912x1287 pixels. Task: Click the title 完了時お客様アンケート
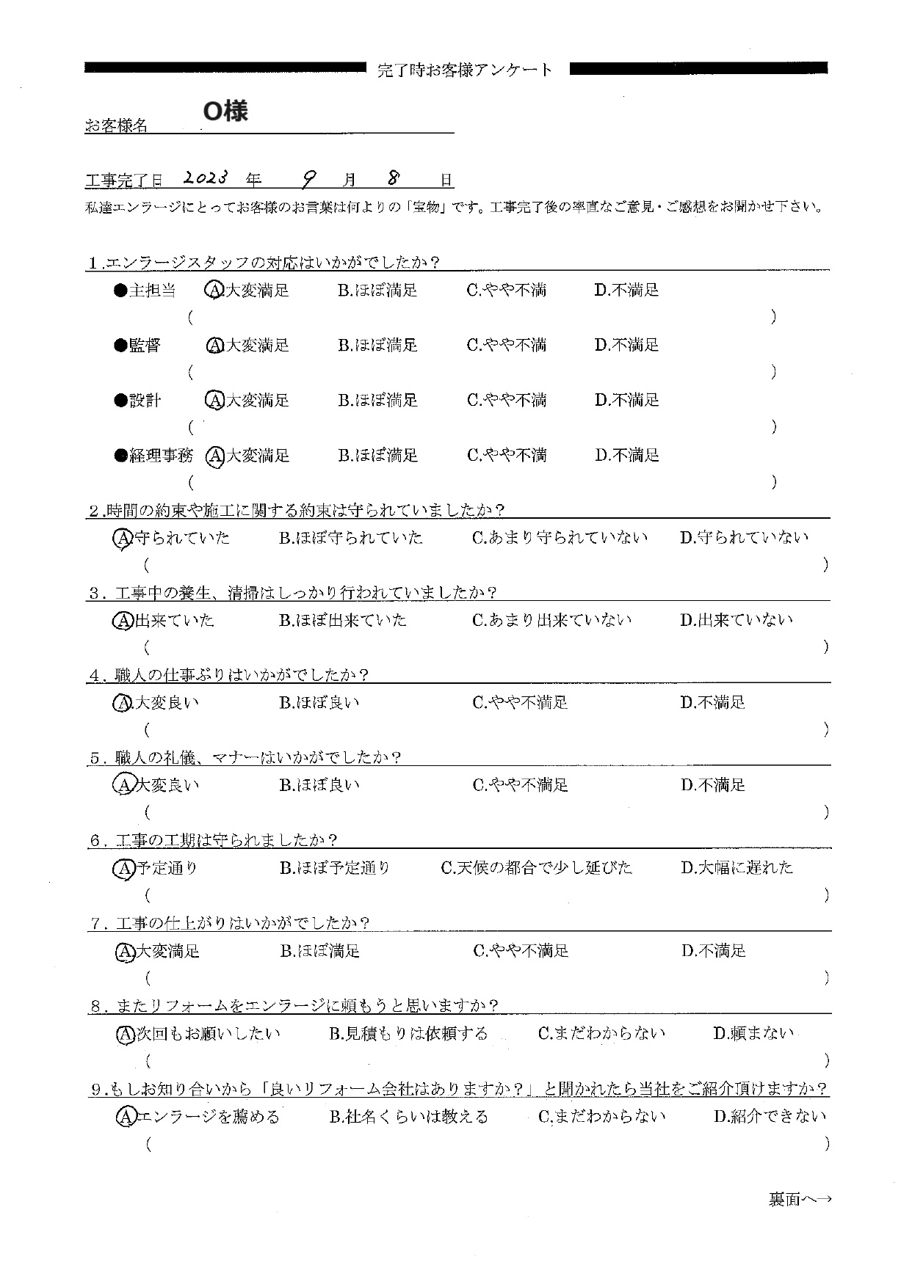464,70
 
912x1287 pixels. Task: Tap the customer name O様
225,111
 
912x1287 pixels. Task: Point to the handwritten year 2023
206,178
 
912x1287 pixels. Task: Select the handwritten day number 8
394,178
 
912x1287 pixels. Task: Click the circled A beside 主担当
214,291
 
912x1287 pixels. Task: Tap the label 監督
145,346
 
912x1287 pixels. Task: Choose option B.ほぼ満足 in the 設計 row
377,401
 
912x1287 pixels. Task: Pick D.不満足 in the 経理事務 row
626,456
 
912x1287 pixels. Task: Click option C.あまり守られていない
560,538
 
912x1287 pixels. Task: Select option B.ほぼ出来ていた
342,621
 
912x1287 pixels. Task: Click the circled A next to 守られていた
123,539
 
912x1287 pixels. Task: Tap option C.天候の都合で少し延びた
536,868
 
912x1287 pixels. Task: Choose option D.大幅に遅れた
737,868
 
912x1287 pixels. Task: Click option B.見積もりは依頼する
408,1034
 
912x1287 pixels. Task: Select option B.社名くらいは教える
408,1117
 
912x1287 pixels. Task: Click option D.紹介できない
770,1117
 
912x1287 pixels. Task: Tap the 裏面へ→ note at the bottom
800,1200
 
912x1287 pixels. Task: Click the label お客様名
117,126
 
